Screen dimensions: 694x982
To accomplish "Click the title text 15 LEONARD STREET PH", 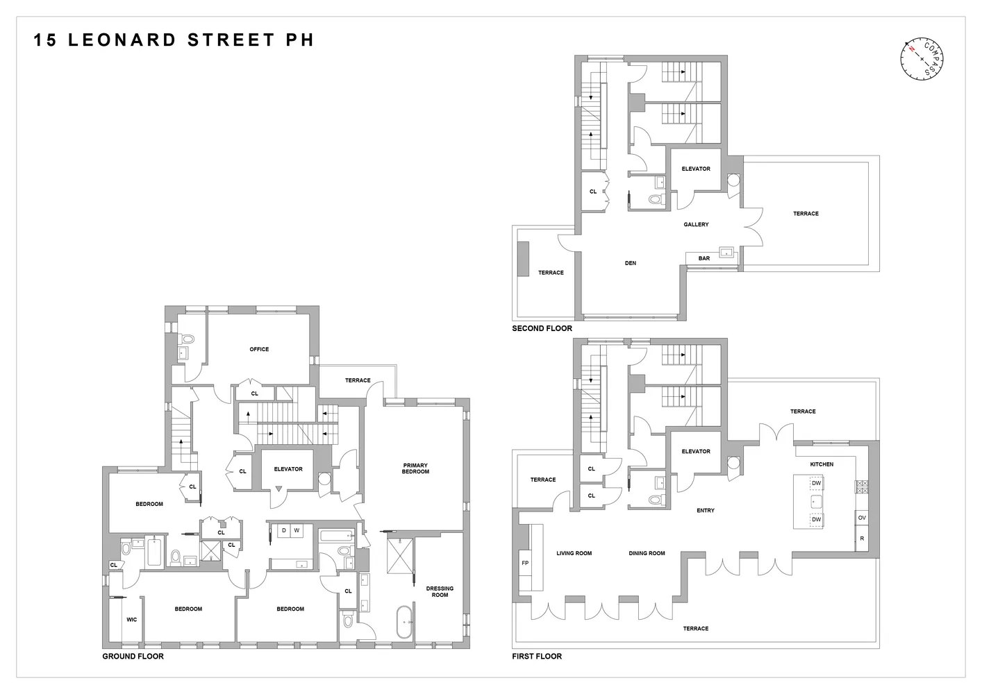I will [x=174, y=40].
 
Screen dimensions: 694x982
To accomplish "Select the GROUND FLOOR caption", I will [x=133, y=656].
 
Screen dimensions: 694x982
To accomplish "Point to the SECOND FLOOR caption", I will [x=542, y=328].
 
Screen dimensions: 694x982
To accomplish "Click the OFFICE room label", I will [x=259, y=349].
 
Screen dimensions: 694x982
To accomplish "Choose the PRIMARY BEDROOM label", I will [x=415, y=468].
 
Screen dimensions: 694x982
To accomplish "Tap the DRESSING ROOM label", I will [x=440, y=591].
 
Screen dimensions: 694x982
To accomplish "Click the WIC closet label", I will [x=131, y=620].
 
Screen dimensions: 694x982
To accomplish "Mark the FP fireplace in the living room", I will [x=525, y=563].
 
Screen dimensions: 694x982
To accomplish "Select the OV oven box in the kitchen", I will [x=862, y=518].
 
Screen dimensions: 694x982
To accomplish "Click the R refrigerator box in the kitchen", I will [x=862, y=539].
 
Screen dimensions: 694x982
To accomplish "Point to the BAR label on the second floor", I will [x=704, y=258].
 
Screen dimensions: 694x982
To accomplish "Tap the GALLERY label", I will [x=696, y=224].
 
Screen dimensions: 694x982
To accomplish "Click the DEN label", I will [x=630, y=263].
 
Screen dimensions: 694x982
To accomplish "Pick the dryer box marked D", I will [x=283, y=531].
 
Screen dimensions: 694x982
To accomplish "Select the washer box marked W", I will [x=297, y=531].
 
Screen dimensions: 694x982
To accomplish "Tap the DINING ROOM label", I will [x=647, y=553].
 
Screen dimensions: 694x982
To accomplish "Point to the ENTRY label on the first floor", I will [x=705, y=510].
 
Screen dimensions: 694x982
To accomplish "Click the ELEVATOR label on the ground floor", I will [x=288, y=469].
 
